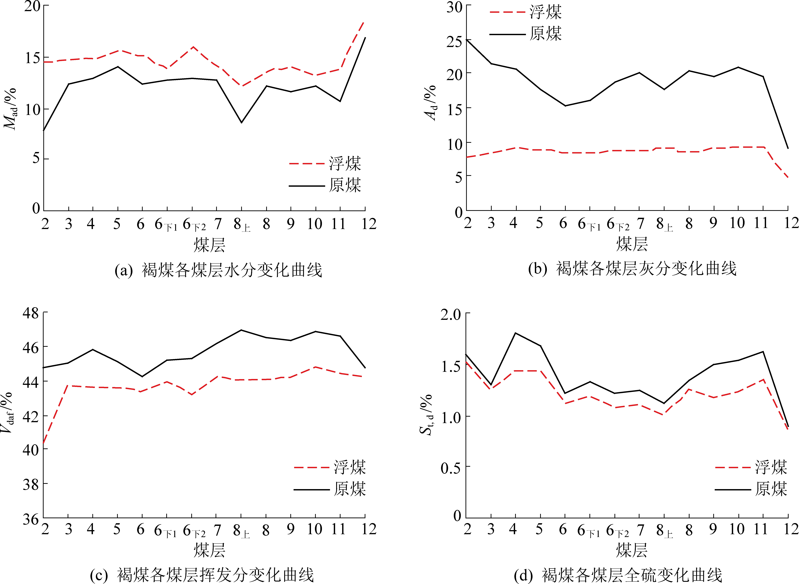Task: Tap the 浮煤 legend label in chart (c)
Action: click(350, 467)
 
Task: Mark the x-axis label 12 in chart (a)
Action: click(369, 224)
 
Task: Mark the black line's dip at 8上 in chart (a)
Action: click(242, 122)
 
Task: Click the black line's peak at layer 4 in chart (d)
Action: click(515, 333)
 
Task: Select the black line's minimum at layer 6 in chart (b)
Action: click(565, 106)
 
